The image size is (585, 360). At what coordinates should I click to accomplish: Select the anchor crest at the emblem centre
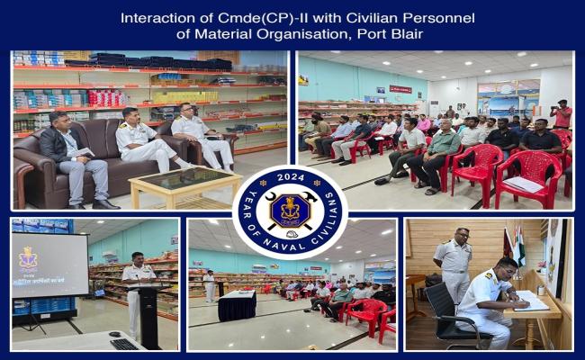coord(289,212)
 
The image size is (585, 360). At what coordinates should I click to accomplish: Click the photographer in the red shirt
coord(562,116)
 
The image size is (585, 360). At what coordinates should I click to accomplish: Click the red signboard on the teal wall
coord(400,89)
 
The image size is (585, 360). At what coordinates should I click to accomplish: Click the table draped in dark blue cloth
coord(236,304)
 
